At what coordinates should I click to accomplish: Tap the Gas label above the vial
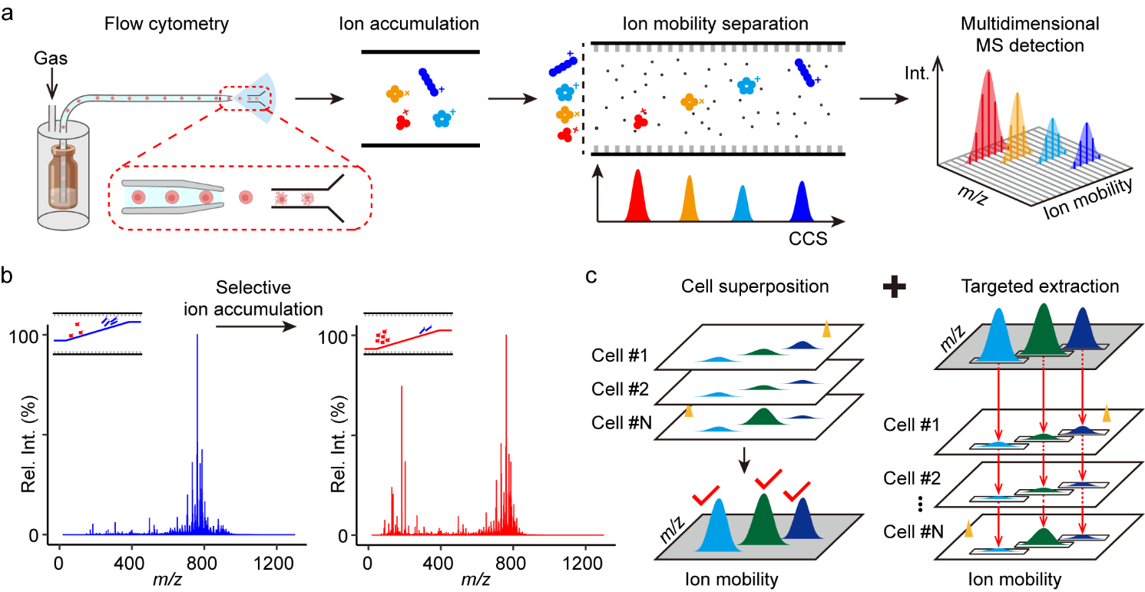click(x=52, y=58)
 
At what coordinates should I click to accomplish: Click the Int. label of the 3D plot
click(x=918, y=76)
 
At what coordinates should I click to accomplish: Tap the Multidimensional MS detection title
click(x=1021, y=35)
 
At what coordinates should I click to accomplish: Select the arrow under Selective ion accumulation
click(x=255, y=326)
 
